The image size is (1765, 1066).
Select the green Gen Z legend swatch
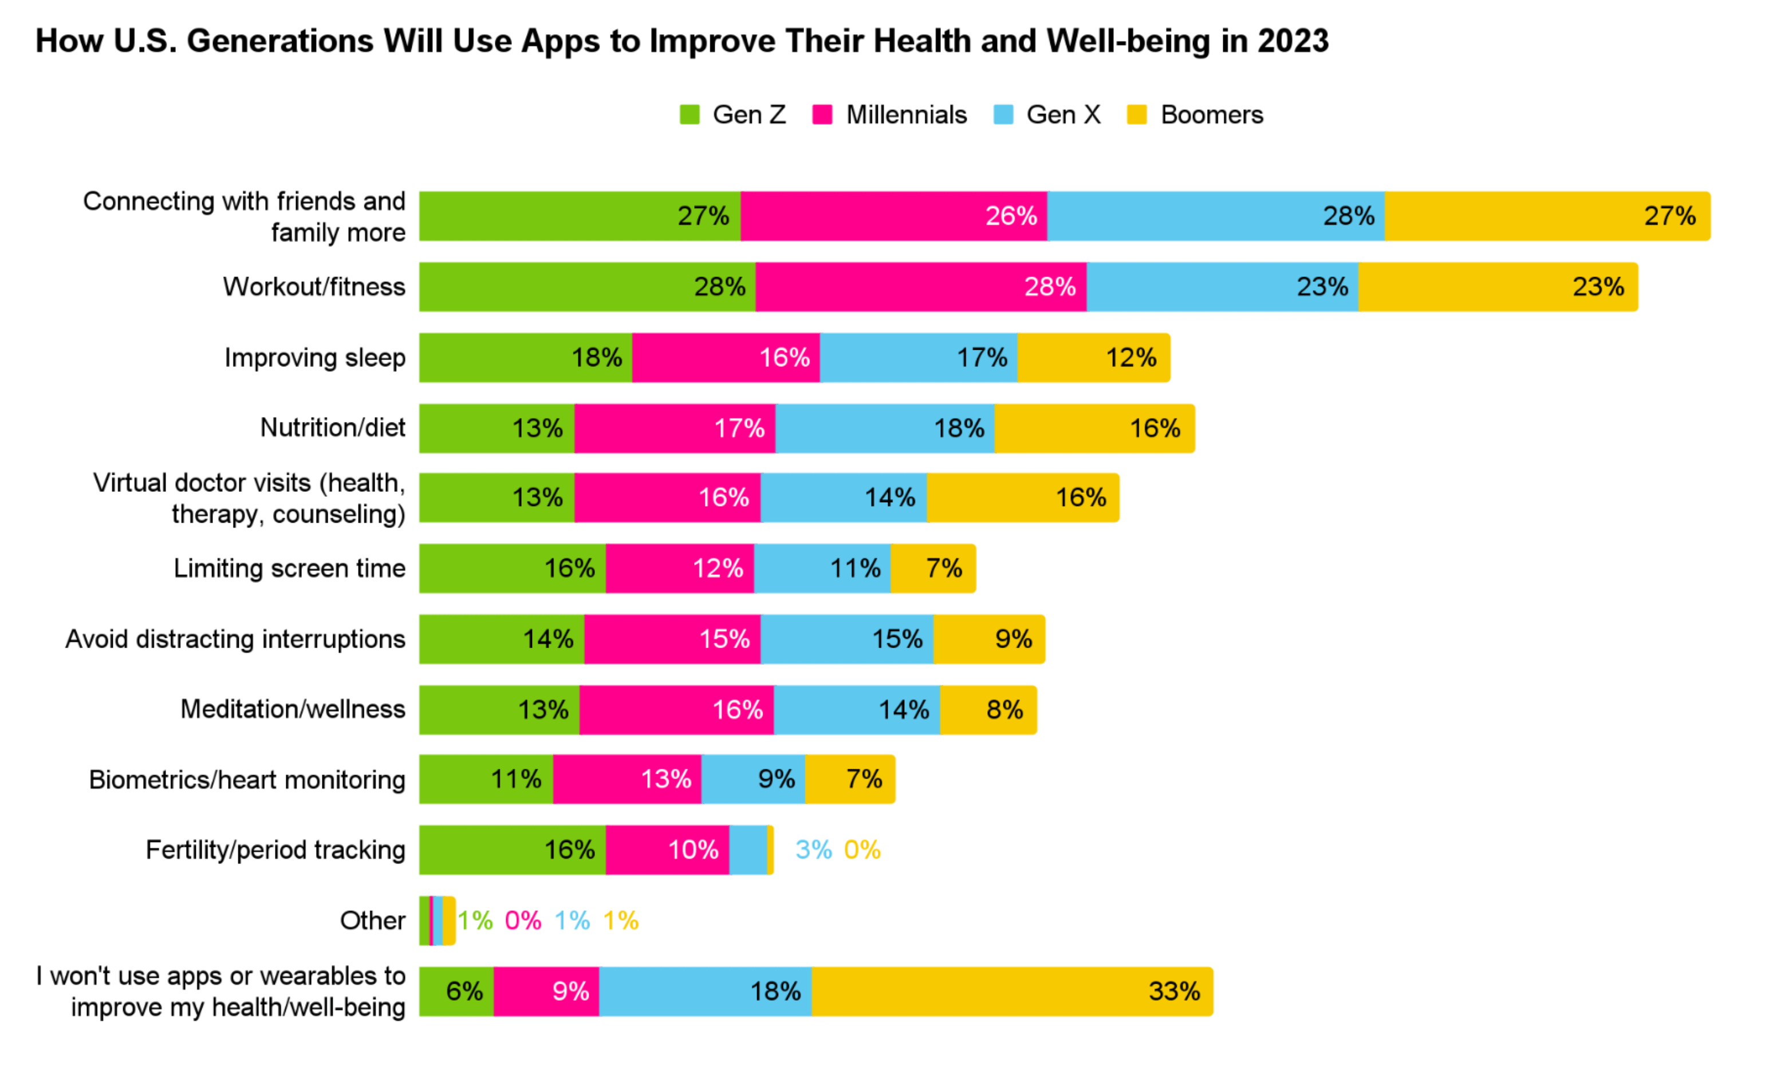point(689,115)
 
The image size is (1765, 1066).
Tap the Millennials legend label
point(906,115)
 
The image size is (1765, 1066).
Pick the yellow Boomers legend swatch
point(1137,115)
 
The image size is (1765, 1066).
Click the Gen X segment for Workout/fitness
point(1222,287)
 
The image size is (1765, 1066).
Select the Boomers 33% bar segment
point(1012,992)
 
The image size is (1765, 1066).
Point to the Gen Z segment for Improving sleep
point(525,358)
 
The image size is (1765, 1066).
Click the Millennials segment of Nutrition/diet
point(675,428)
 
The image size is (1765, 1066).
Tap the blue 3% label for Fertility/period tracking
point(813,850)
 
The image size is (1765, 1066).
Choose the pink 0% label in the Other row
point(523,921)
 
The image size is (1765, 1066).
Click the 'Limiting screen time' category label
point(289,568)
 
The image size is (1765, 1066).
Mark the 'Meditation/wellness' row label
point(292,709)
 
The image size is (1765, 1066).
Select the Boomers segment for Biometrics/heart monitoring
point(849,779)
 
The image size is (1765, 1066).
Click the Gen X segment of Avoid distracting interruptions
point(846,638)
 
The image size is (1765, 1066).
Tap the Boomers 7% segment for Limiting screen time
point(933,568)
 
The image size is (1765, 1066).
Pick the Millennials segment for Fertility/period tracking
point(667,850)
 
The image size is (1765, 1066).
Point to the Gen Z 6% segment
point(456,992)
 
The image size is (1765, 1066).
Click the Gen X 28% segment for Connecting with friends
point(1216,216)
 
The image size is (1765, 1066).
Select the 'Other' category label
point(372,921)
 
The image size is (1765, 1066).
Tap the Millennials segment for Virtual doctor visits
point(667,498)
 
